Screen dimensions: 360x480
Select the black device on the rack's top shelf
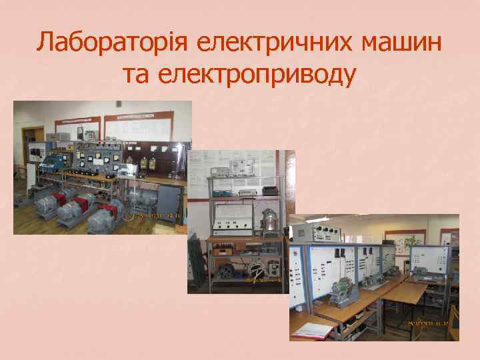click(x=270, y=191)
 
